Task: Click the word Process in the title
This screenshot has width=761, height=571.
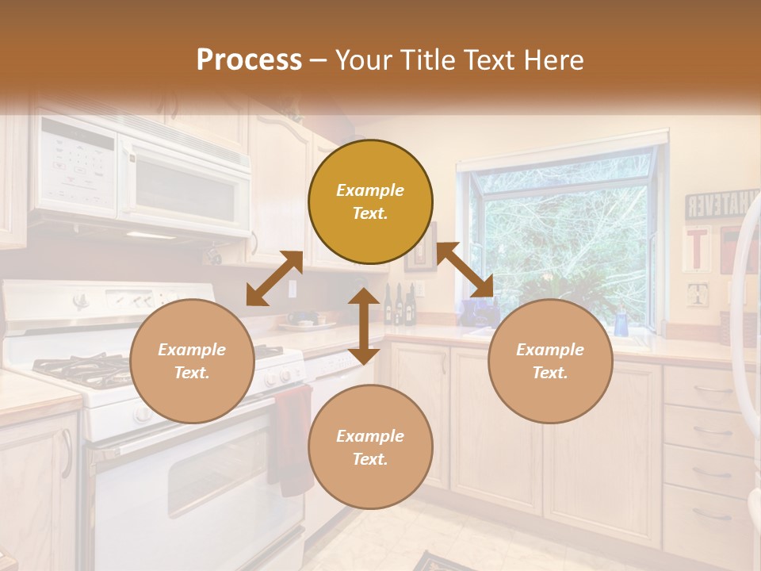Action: (x=249, y=59)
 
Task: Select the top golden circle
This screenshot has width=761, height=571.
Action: (x=370, y=201)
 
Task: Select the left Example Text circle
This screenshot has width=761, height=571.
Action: (x=192, y=361)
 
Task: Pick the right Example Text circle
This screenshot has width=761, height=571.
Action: (x=550, y=361)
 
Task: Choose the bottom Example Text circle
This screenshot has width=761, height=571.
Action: (x=370, y=446)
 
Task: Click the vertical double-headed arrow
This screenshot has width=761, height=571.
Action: (x=364, y=326)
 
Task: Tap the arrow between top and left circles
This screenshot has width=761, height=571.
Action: (x=274, y=278)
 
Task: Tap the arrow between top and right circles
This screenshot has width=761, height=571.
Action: (x=465, y=270)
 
